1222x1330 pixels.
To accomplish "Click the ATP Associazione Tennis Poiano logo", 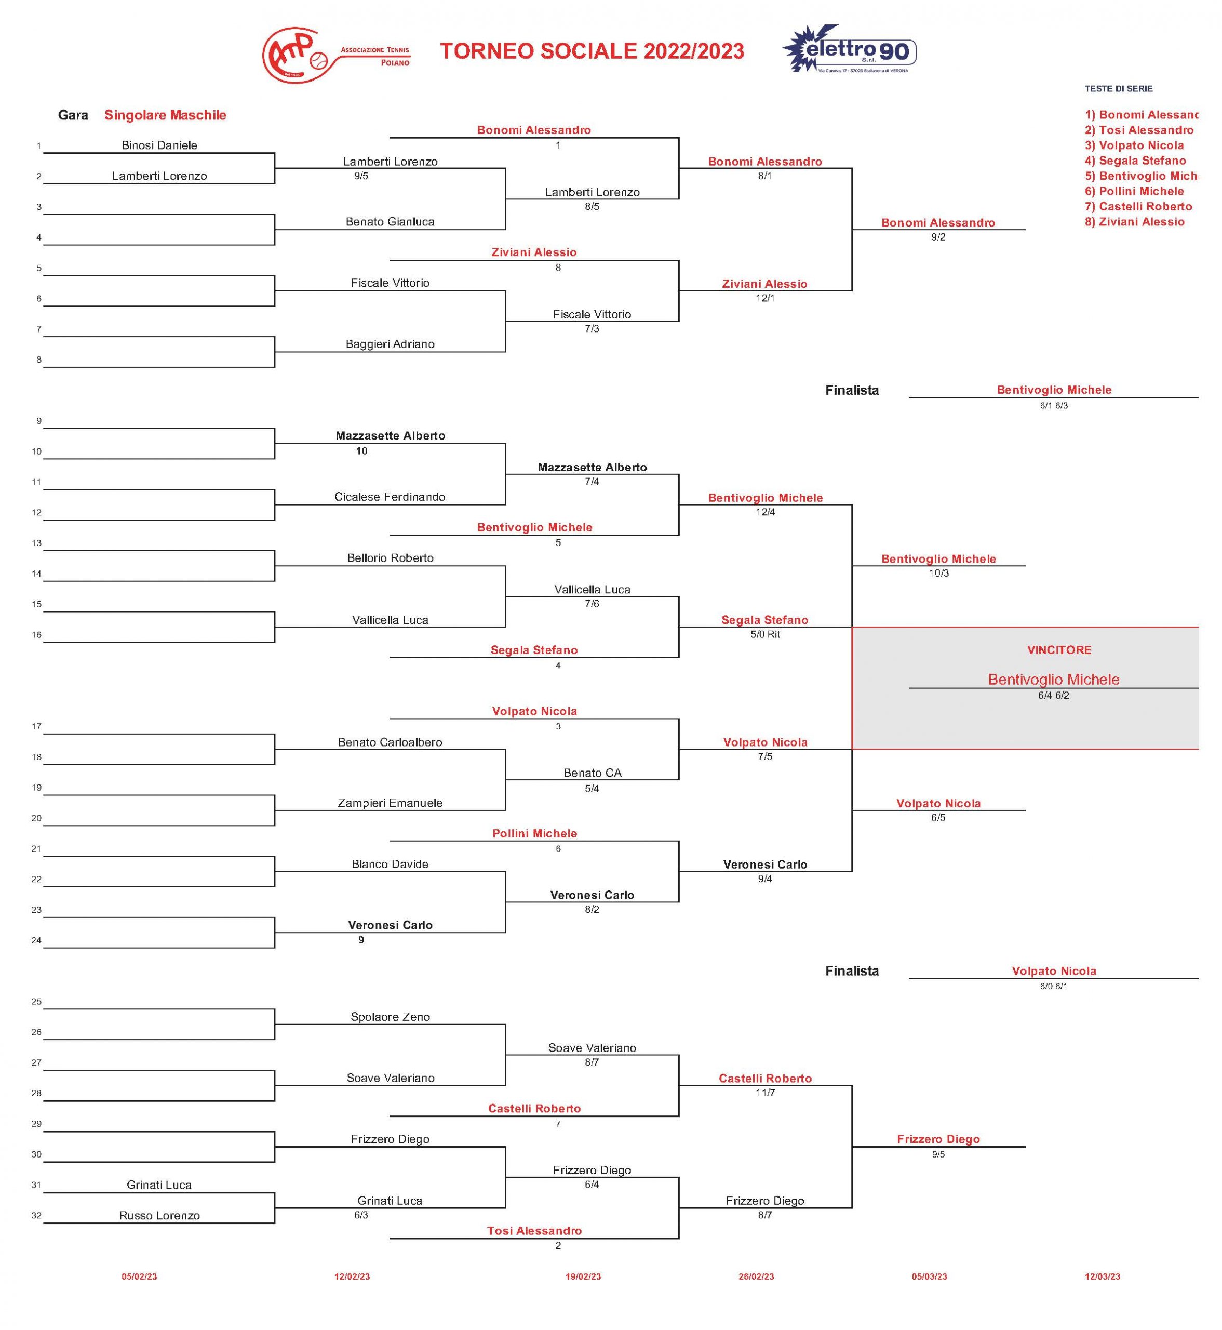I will tap(336, 56).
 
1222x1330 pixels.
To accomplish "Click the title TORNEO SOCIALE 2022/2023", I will tap(592, 51).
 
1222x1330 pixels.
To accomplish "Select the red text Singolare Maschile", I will tap(165, 115).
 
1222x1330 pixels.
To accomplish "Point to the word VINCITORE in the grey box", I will tap(1059, 650).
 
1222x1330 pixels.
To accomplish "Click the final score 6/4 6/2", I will tap(1053, 696).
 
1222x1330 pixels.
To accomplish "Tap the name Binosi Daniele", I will tap(159, 145).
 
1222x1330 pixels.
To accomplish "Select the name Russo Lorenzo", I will tap(159, 1216).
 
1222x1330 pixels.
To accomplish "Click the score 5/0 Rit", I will tap(765, 634).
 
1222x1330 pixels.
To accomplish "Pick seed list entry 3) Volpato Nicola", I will tap(1134, 145).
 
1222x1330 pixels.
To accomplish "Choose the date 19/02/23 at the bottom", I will tap(583, 1276).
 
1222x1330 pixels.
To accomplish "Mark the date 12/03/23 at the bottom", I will tap(1103, 1276).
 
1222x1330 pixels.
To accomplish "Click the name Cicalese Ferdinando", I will tap(390, 497).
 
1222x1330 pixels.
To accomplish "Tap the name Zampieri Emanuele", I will tap(390, 803).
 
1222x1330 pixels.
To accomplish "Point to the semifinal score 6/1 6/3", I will tap(1053, 405).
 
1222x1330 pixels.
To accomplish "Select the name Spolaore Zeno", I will tap(390, 1017).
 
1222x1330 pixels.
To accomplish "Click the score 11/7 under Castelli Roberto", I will tap(765, 1093).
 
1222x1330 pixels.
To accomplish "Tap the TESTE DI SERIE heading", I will tap(1118, 89).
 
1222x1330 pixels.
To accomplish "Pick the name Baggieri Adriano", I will tap(390, 344).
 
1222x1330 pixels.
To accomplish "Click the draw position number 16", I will tap(36, 635).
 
